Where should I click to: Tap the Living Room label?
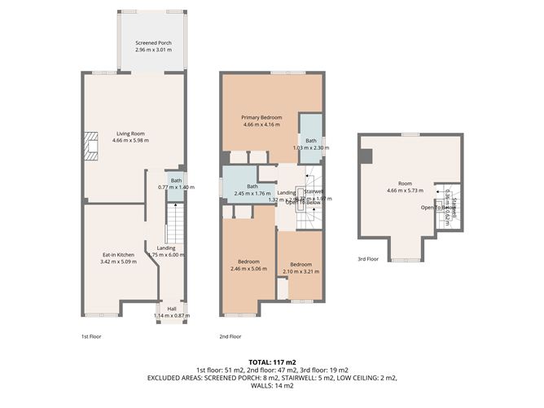click(x=131, y=133)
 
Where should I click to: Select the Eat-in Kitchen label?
click(x=113, y=255)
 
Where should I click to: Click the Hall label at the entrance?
click(x=171, y=309)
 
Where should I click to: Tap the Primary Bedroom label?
click(x=261, y=118)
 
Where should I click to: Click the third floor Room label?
click(x=405, y=186)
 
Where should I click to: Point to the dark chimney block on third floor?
click(x=367, y=155)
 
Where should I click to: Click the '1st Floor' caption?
click(x=91, y=336)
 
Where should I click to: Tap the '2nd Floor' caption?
click(x=230, y=336)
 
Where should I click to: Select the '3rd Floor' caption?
click(x=368, y=259)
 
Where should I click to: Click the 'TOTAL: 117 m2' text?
click(x=271, y=362)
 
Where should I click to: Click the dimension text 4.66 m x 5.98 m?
click(x=131, y=140)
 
